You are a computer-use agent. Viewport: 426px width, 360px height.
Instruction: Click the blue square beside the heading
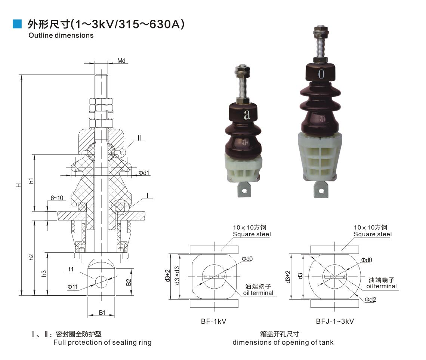[x=17, y=24]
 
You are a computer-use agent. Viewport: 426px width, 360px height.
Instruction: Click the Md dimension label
[x=121, y=61]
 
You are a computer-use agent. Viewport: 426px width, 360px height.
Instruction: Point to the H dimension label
[x=18, y=185]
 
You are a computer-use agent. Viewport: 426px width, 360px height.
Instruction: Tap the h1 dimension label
[x=31, y=181]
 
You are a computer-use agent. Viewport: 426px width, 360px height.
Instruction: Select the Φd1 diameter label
[x=144, y=173]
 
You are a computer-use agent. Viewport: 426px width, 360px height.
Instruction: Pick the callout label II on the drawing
[x=139, y=138]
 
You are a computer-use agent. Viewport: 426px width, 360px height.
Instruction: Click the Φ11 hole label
[x=72, y=287]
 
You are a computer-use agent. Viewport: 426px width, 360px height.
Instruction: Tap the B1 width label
[x=102, y=313]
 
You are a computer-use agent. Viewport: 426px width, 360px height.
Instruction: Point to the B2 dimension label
[x=129, y=282]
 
